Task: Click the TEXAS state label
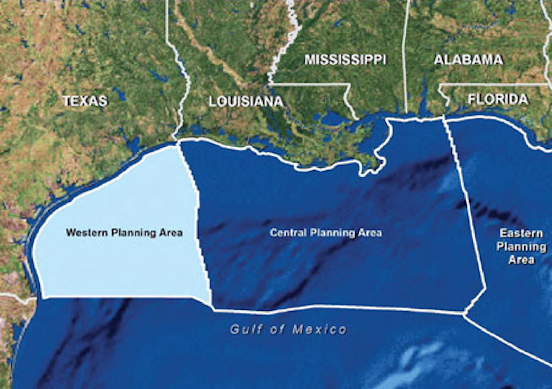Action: tap(85, 101)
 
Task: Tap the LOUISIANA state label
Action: tap(246, 101)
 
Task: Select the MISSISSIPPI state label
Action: tap(345, 60)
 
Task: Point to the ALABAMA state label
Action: tap(468, 60)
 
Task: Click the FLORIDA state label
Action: tap(498, 99)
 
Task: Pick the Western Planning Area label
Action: tap(124, 233)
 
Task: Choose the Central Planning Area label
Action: tap(326, 233)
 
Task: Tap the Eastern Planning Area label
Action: tap(521, 246)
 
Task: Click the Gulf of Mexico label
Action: tap(288, 329)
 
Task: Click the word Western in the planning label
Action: tap(87, 233)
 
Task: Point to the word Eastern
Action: tap(521, 234)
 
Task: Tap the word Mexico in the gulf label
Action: tap(320, 329)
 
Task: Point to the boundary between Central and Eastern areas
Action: tap(467, 208)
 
